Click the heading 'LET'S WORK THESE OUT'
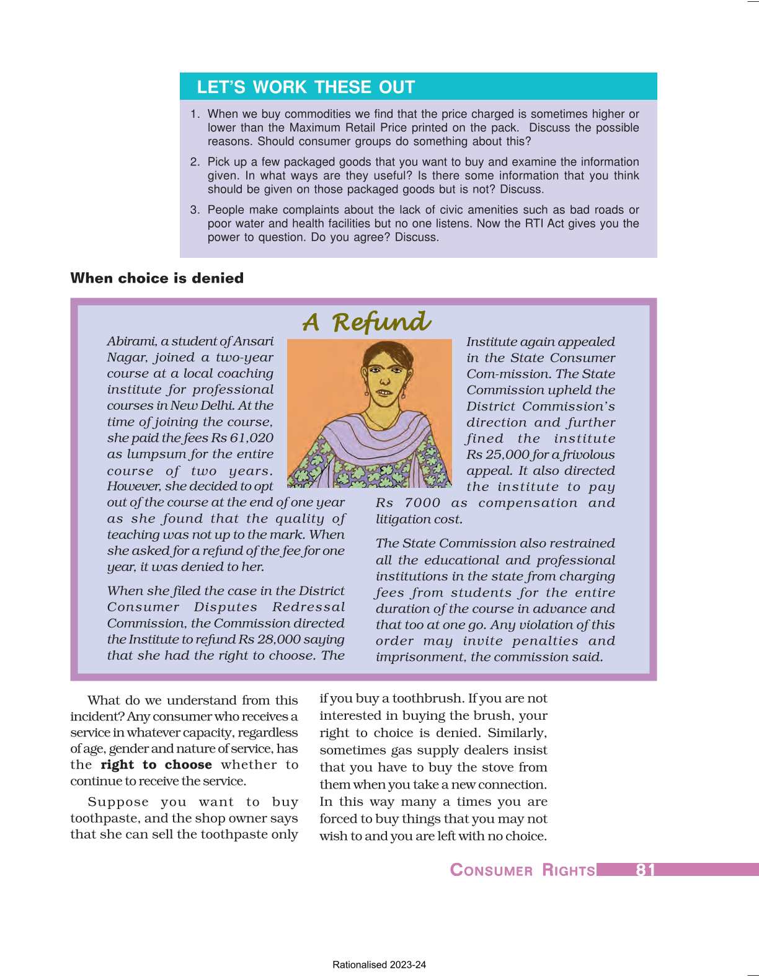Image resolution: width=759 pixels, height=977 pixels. pyautogui.click(x=306, y=87)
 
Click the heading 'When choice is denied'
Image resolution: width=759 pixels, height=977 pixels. pyautogui.click(x=157, y=278)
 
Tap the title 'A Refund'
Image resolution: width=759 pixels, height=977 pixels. pyautogui.click(x=366, y=322)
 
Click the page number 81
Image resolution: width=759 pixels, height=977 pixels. pyautogui.click(x=645, y=870)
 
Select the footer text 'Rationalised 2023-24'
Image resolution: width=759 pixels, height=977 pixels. pyautogui.click(x=379, y=965)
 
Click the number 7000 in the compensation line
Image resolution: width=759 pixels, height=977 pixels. pyautogui.click(x=422, y=503)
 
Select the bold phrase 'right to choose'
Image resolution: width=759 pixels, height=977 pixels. pyautogui.click(x=156, y=765)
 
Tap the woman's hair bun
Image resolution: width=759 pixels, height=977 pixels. pyautogui.click(x=379, y=351)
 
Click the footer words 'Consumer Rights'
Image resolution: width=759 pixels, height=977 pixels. pyautogui.click(x=522, y=870)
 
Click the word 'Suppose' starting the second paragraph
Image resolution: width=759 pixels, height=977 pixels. pyautogui.click(x=118, y=802)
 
